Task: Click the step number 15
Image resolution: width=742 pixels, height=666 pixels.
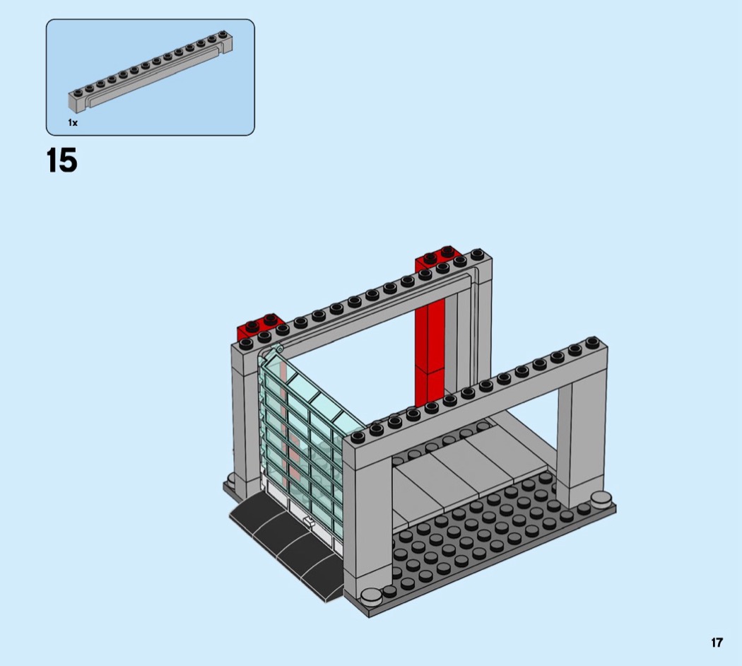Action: tap(62, 160)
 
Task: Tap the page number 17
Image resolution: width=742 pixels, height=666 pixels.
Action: tap(717, 643)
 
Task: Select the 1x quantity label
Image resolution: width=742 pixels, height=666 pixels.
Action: tap(72, 122)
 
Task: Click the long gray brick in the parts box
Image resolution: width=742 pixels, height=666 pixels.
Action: tap(151, 70)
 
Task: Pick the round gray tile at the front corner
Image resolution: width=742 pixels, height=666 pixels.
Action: tap(371, 595)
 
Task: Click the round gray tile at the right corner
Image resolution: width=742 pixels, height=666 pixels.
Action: tap(601, 498)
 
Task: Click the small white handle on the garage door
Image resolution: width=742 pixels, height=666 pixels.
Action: tap(308, 522)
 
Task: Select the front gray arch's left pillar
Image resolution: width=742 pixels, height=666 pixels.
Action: tap(367, 520)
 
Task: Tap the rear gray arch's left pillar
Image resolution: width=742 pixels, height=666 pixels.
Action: tap(246, 416)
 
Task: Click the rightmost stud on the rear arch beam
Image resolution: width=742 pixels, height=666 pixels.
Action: tap(477, 255)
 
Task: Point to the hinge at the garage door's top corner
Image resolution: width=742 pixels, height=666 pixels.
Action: tap(279, 349)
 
